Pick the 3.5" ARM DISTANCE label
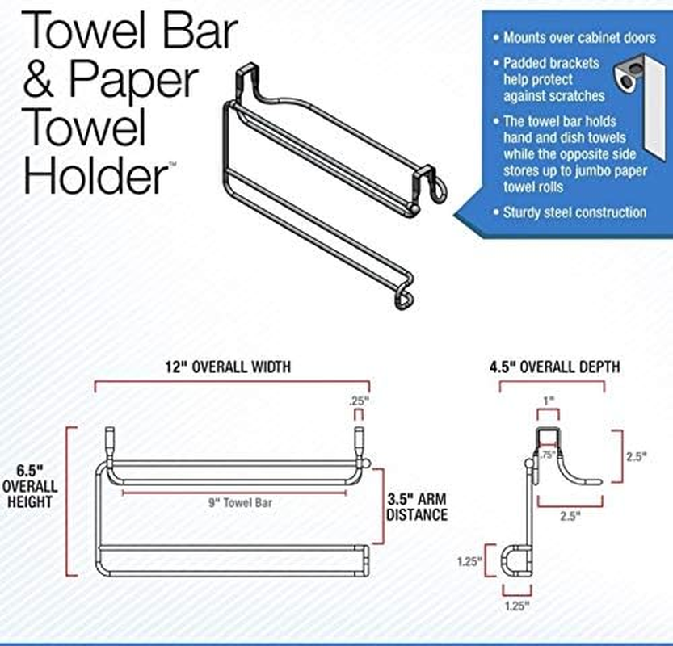pyautogui.click(x=417, y=505)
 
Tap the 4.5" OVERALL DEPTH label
pyautogui.click(x=554, y=367)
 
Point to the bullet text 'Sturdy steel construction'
pyautogui.click(x=574, y=212)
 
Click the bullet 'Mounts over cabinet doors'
pyautogui.click(x=579, y=38)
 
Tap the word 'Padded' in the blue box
pyautogui.click(x=525, y=62)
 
